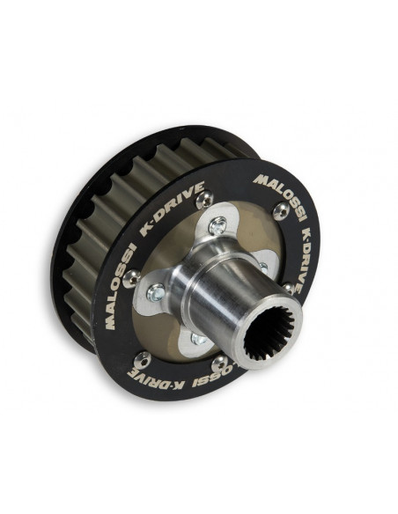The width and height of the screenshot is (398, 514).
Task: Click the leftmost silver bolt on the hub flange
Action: point(157,292)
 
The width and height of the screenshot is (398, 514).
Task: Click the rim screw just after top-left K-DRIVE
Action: point(203,202)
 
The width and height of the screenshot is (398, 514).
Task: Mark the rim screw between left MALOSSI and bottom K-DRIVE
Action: point(142,358)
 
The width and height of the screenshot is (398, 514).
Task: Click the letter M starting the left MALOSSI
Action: point(110,322)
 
